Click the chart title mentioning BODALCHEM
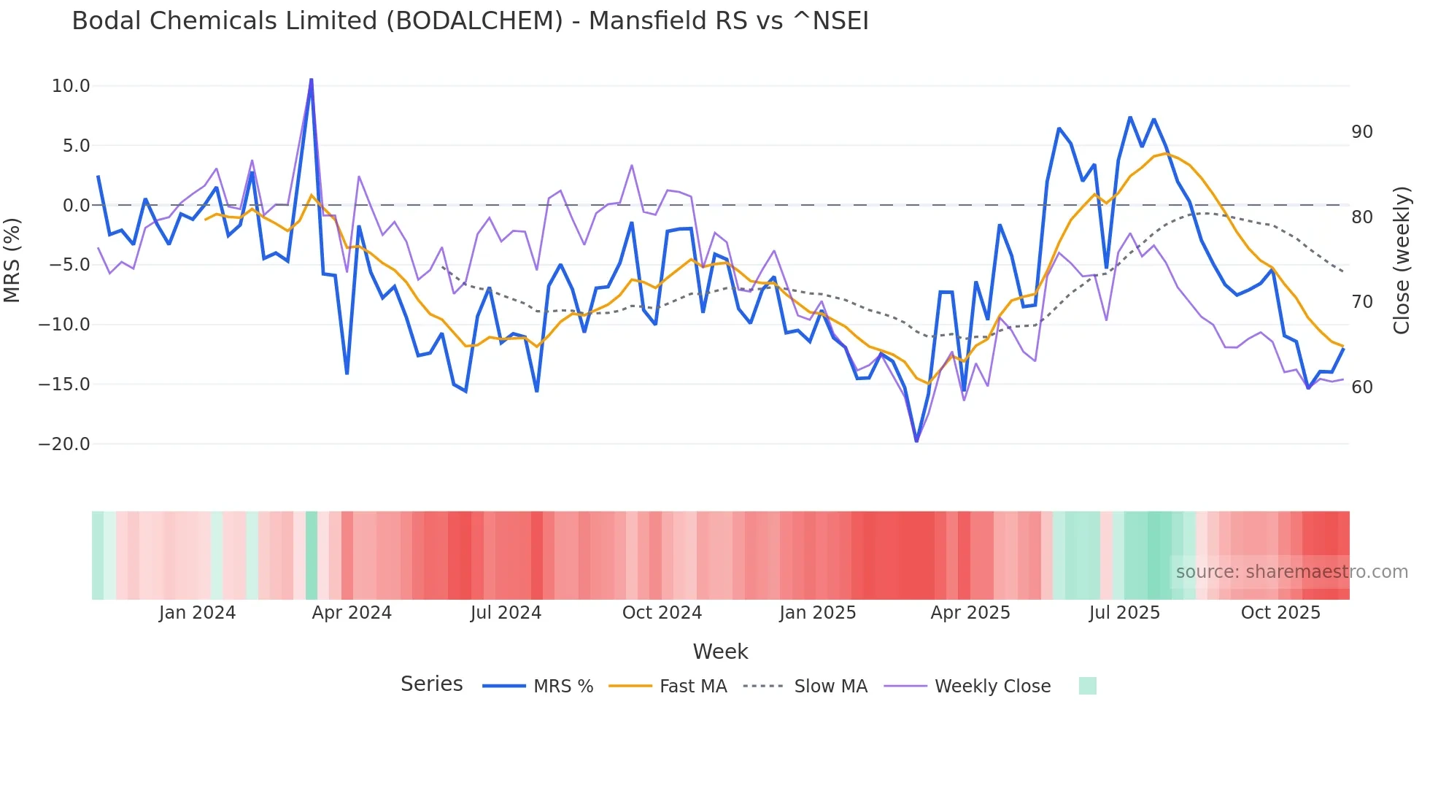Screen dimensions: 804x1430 pos(470,21)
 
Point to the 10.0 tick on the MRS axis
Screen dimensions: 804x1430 pos(71,86)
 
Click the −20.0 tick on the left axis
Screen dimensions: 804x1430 pos(64,444)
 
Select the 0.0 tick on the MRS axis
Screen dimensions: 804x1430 pos(76,206)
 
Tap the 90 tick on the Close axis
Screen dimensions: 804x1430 pos(1361,132)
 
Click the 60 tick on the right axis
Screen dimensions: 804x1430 pos(1361,387)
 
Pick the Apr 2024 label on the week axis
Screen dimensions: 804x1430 pos(352,613)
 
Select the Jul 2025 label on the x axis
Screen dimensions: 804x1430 pos(1124,613)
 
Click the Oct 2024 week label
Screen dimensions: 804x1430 pos(662,613)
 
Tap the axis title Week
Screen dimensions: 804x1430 pos(720,652)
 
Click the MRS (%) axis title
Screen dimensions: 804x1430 pos(12,260)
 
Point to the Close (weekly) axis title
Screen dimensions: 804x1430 pos(1402,260)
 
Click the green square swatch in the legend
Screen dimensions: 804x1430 pos(1087,686)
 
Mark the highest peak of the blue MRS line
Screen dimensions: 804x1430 pos(312,80)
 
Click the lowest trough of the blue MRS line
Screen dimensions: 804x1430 pos(916,441)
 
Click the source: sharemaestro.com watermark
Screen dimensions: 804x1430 pos(1291,572)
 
